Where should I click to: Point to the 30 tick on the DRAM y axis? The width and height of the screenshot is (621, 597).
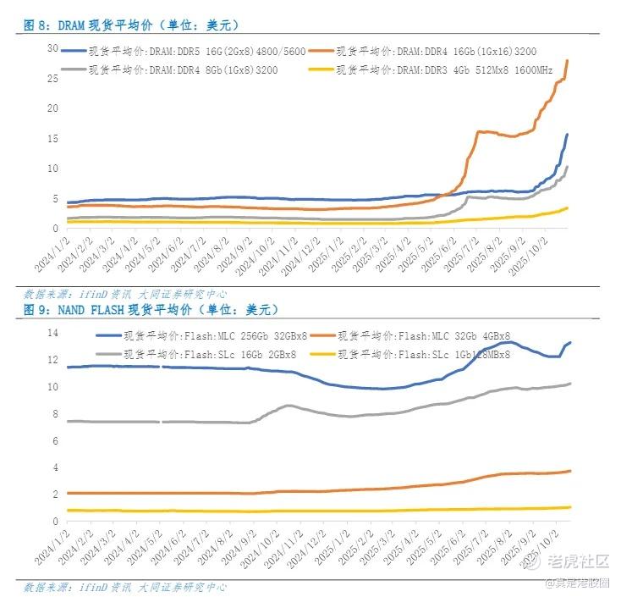click(x=52, y=48)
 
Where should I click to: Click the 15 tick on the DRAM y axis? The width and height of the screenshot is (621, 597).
click(x=52, y=138)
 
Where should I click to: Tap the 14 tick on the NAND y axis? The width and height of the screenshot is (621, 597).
click(x=52, y=333)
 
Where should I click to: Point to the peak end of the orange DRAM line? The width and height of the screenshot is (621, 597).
click(x=567, y=60)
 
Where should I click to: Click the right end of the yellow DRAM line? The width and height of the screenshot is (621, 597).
click(x=567, y=207)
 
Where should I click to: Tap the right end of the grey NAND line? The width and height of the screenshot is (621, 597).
click(x=570, y=384)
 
